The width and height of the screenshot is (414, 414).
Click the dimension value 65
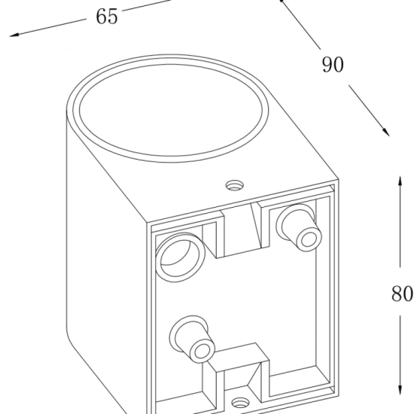pyautogui.click(x=106, y=17)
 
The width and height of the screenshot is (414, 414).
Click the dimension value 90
pyautogui.click(x=333, y=65)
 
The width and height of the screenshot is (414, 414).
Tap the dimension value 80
pyautogui.click(x=402, y=294)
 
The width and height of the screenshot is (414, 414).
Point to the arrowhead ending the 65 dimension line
pyautogui.click(x=14, y=35)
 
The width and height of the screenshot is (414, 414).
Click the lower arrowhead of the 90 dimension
pyautogui.click(x=385, y=132)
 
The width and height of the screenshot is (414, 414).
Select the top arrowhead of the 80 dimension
pyautogui.click(x=400, y=181)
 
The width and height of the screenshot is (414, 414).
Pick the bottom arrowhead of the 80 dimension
pyautogui.click(x=400, y=390)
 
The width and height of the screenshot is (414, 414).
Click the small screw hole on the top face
pyautogui.click(x=234, y=186)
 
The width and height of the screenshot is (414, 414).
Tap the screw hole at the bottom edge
pyautogui.click(x=240, y=403)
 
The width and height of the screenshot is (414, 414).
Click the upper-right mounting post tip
pyautogui.click(x=308, y=239)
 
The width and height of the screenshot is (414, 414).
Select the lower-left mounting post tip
pyautogui.click(x=202, y=351)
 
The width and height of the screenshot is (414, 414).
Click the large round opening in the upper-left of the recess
pyautogui.click(x=181, y=257)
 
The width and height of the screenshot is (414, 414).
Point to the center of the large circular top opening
pyautogui.click(x=171, y=109)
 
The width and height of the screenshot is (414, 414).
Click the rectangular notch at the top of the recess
pyautogui.click(x=242, y=229)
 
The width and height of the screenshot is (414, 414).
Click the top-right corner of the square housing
pyautogui.click(x=339, y=180)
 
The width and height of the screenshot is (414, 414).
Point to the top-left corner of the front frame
pyautogui.click(x=147, y=223)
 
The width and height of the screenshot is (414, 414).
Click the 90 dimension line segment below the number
pyautogui.click(x=369, y=111)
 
